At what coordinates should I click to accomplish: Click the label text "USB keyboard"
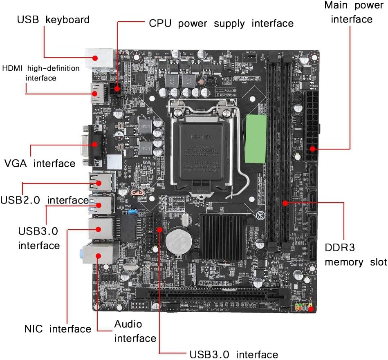[53, 19]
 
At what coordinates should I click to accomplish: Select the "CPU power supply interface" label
[221, 23]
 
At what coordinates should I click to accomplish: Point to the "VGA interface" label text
[40, 163]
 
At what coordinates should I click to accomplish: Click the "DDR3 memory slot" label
[355, 255]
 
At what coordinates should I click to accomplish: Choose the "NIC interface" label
[57, 329]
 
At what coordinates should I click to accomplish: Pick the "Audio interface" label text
[135, 331]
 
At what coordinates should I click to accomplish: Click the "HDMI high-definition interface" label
[41, 73]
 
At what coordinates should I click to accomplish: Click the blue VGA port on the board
[94, 145]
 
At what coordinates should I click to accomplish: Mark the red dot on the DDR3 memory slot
[285, 202]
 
